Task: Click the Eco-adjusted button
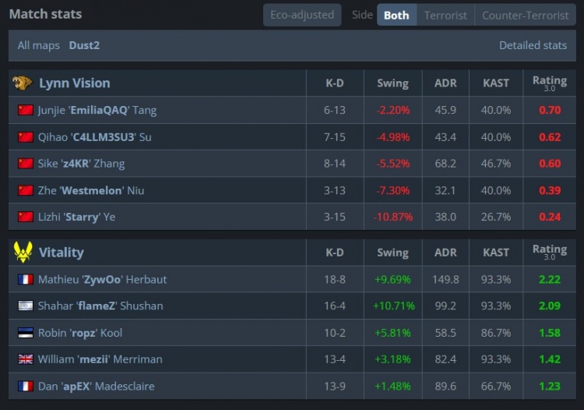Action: click(302, 15)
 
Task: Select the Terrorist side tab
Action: click(445, 15)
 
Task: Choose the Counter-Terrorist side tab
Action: click(525, 15)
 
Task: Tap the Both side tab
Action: click(396, 15)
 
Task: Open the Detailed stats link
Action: click(533, 45)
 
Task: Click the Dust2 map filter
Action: click(84, 45)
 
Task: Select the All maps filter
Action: click(39, 45)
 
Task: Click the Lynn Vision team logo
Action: click(23, 83)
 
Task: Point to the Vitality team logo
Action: click(23, 252)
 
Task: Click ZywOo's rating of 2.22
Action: click(550, 279)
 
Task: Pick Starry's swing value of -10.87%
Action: click(393, 217)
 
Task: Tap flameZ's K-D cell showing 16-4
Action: click(335, 306)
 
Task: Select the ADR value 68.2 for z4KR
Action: click(445, 164)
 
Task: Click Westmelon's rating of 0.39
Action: click(550, 190)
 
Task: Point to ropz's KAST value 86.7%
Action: click(496, 333)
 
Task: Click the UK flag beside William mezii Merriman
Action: click(26, 359)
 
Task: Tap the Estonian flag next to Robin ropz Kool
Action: click(26, 333)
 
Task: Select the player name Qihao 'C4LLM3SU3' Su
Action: click(94, 137)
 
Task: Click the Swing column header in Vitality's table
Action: click(393, 253)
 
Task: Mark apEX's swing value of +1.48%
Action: click(393, 386)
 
